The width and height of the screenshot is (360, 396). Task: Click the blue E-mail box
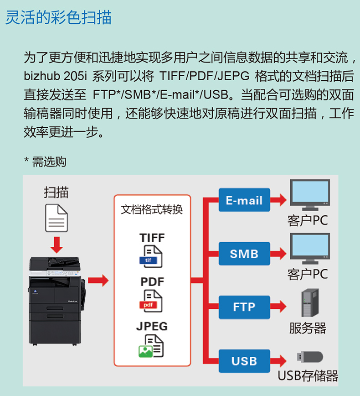244,200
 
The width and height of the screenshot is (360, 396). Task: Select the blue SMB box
244,253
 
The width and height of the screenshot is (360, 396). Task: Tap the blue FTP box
244,307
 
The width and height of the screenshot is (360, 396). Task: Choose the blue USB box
244,360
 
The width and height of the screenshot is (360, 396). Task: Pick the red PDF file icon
152,301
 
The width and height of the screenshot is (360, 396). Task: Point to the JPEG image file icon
151,346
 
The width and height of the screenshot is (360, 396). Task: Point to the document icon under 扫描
56,218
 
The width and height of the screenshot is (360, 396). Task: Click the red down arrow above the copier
57,244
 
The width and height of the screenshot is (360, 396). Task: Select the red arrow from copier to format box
98,281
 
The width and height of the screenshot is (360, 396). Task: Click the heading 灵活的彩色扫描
58,18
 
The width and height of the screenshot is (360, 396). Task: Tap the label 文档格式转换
152,209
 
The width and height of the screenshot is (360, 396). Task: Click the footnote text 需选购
49,162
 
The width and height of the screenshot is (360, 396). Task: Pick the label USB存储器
308,375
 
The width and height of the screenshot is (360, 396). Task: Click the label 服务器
308,328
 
